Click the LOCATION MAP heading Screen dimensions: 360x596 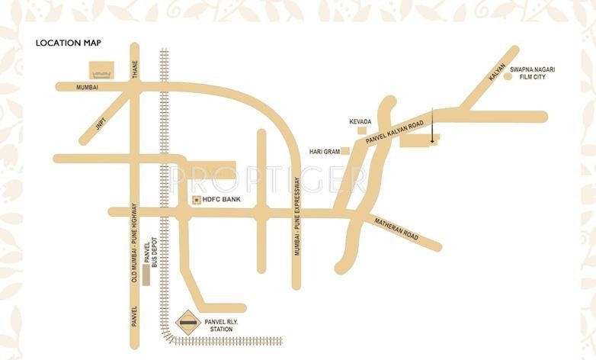(69, 43)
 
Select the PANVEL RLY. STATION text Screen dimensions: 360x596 (226, 326)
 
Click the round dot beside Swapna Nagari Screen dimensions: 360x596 (508, 76)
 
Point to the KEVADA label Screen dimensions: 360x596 (360, 122)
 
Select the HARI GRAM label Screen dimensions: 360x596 (323, 152)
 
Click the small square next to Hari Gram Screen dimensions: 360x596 (345, 151)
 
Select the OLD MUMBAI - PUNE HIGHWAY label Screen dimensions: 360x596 (134, 243)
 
